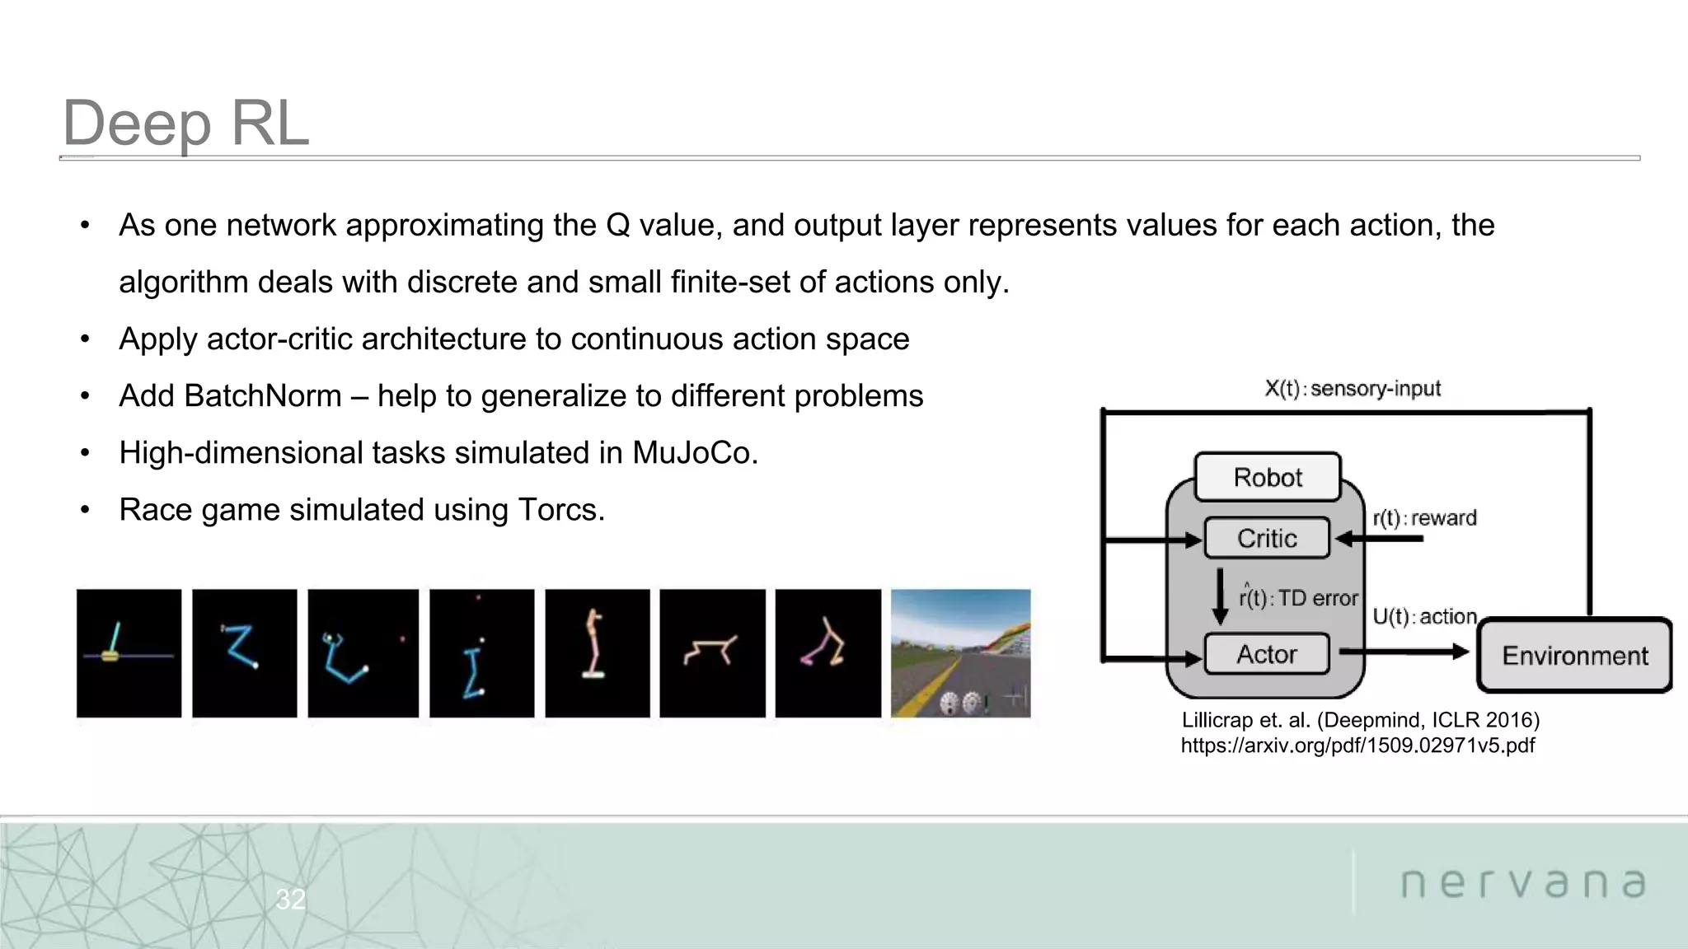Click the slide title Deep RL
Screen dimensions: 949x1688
(x=185, y=123)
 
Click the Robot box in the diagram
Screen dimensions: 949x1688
(x=1268, y=477)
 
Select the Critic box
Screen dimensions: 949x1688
(x=1267, y=538)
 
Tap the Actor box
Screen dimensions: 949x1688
(x=1267, y=654)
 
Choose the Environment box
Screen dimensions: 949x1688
(x=1574, y=656)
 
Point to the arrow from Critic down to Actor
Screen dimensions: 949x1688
(x=1220, y=596)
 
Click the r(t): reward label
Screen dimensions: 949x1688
(x=1424, y=518)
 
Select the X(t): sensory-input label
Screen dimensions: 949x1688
(x=1353, y=388)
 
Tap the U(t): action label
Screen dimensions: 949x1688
(x=1424, y=616)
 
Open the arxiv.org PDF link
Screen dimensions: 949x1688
(x=1357, y=746)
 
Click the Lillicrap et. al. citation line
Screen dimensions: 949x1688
(x=1360, y=720)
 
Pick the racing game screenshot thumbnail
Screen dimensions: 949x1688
(x=960, y=653)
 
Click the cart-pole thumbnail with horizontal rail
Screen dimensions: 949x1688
(x=129, y=653)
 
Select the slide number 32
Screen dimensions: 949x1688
(x=290, y=899)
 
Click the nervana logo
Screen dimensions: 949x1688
(x=1523, y=883)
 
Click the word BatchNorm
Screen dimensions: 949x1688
(x=262, y=396)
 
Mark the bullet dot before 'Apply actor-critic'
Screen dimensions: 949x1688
(x=85, y=339)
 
